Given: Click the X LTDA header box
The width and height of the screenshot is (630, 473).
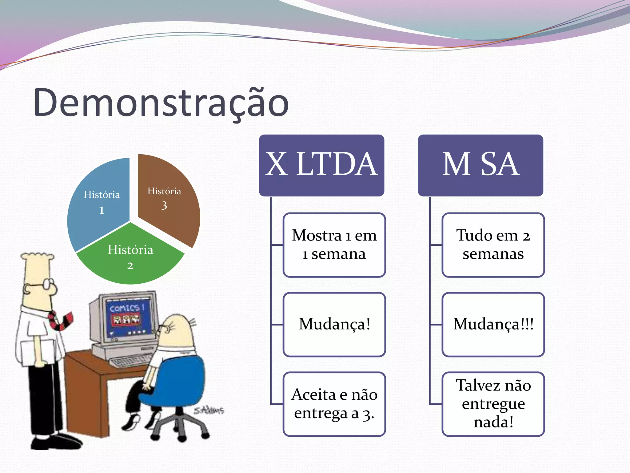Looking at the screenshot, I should [321, 165].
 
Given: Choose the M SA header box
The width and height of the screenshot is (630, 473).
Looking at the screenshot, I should [480, 165].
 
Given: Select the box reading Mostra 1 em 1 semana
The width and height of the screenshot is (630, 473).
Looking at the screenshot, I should [334, 245].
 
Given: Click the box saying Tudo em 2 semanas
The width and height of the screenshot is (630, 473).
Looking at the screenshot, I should [493, 245].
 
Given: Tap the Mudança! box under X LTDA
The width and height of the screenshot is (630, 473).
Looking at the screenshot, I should [334, 324].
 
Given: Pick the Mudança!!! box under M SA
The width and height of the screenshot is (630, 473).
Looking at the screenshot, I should [493, 324].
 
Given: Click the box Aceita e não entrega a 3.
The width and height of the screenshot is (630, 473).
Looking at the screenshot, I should [334, 404].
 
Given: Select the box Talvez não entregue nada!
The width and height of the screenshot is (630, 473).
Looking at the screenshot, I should [493, 404].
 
